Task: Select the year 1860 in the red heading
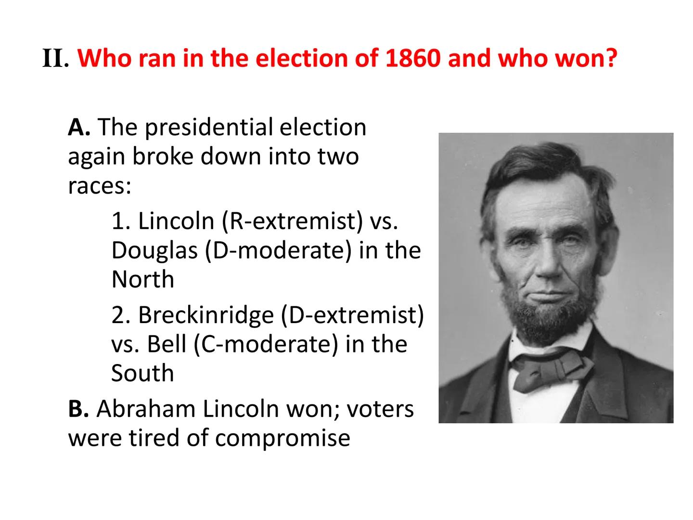click(x=412, y=59)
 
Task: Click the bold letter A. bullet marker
click(x=79, y=128)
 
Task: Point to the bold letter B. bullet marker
click(x=78, y=409)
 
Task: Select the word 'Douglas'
click(x=154, y=250)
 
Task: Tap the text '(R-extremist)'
click(x=292, y=221)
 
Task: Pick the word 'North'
click(x=142, y=280)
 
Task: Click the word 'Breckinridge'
click(x=206, y=315)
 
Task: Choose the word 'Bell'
click(x=167, y=344)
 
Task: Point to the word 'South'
click(x=142, y=374)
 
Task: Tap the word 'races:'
click(x=100, y=186)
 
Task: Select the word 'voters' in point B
click(x=380, y=409)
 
